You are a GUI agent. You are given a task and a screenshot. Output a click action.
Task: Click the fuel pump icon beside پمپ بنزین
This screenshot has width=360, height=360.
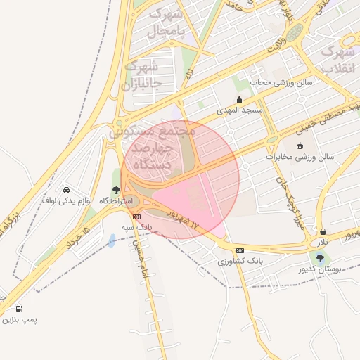18,309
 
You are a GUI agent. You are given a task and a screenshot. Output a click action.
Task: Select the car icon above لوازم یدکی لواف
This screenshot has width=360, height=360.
66,190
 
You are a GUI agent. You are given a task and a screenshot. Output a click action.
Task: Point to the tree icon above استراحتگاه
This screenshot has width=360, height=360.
116,190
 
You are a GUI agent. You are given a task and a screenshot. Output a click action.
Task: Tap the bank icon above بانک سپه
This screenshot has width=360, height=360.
136,217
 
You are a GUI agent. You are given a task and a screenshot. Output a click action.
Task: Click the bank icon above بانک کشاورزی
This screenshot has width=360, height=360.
240,250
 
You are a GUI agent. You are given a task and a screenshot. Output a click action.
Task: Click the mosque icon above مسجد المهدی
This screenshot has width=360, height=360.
239,99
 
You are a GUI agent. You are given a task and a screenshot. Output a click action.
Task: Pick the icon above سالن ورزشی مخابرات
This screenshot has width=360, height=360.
300,146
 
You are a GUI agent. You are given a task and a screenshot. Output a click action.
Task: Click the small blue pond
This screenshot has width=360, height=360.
112,241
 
